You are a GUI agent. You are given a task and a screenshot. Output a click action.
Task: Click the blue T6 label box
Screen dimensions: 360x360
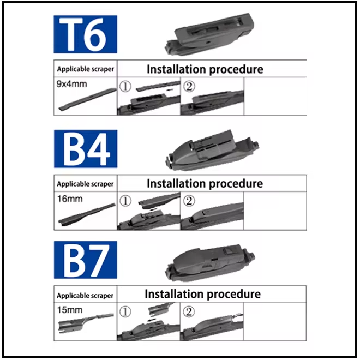(x=86, y=34)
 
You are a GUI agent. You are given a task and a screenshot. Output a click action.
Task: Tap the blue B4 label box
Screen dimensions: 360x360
(x=86, y=149)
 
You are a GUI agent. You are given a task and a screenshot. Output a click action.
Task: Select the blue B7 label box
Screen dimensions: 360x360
(x=86, y=260)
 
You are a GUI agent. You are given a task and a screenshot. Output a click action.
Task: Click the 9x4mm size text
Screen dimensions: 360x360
(x=71, y=84)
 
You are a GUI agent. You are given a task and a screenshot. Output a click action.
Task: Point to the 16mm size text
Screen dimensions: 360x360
(x=70, y=199)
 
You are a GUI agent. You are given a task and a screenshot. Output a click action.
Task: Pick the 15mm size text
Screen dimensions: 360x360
(x=70, y=310)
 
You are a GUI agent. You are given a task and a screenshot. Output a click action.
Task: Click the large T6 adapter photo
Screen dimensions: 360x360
(x=209, y=34)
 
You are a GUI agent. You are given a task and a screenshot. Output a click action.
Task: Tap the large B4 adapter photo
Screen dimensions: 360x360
(x=212, y=151)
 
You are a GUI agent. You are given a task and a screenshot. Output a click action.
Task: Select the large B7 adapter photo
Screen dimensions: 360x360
(x=210, y=263)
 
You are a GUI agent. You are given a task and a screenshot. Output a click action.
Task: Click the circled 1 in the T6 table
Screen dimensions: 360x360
(x=125, y=87)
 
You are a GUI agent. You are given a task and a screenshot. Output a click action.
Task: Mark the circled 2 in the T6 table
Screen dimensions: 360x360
(x=189, y=87)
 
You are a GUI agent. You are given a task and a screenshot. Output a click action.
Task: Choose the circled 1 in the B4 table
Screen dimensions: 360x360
(x=125, y=201)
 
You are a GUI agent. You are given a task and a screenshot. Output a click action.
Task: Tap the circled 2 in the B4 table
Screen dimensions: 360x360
(x=189, y=201)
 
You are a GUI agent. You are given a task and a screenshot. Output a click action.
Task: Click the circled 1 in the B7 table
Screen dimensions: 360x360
(x=125, y=312)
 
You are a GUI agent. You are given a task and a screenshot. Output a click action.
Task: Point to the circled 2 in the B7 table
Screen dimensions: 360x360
(x=189, y=312)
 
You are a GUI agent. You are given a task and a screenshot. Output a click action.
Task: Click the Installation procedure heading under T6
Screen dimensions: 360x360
(x=205, y=69)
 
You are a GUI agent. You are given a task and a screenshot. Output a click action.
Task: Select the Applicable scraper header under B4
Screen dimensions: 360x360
(x=85, y=184)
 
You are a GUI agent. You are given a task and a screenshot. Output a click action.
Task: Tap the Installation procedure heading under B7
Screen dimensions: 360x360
(x=203, y=294)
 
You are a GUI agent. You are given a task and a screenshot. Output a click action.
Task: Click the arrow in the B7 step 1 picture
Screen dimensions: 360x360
(x=151, y=320)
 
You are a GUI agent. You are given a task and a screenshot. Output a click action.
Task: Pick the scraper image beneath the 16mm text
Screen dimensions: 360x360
(x=87, y=213)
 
